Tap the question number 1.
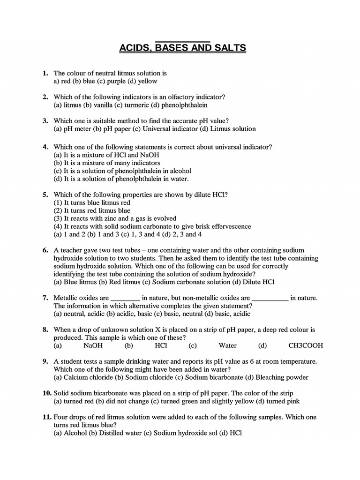pos(45,73)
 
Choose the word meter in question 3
pos(82,129)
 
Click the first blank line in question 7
pos(125,298)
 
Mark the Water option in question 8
pos(228,346)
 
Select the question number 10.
pos(46,393)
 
